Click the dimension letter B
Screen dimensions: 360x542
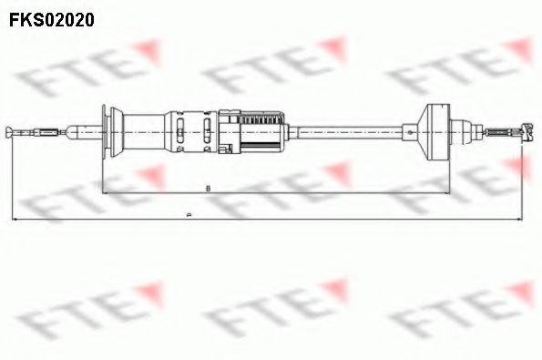(209, 188)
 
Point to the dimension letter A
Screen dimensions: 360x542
(188, 215)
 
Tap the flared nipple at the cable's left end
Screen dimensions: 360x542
(12, 133)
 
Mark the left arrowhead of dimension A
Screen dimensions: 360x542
(14, 220)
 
